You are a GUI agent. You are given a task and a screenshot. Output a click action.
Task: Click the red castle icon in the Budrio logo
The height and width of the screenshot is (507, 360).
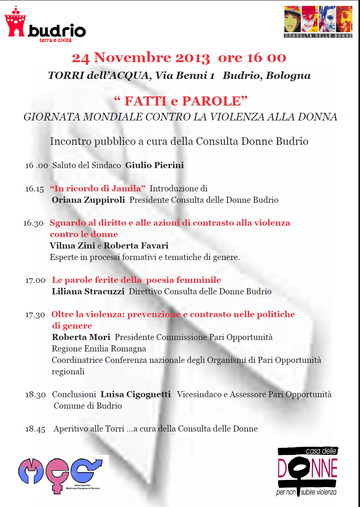[x=15, y=22]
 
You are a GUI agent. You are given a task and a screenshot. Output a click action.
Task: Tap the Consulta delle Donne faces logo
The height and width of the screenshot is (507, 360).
[x=318, y=22]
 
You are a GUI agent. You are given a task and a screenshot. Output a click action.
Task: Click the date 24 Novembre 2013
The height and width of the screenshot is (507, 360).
[x=141, y=58]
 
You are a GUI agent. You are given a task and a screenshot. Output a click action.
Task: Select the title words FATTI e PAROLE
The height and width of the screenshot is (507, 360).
[x=181, y=101]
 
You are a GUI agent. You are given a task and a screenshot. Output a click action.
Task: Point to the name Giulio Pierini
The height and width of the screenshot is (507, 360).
[x=155, y=165]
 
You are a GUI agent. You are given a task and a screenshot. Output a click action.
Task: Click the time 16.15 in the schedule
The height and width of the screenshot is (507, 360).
[x=35, y=189]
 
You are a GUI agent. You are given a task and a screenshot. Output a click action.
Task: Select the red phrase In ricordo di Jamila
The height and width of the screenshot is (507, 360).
[x=98, y=189]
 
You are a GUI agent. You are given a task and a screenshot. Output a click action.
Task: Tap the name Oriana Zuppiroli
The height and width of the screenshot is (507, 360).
[x=88, y=200]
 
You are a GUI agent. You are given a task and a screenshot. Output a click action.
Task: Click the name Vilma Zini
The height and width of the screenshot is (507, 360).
[x=72, y=246]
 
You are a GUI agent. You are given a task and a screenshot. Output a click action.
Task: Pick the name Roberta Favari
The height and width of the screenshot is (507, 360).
[x=136, y=246]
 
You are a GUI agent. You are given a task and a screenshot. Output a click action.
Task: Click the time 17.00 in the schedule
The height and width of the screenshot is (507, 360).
[x=35, y=281]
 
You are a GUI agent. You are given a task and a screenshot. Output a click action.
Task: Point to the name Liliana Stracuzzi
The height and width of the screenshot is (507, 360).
[x=88, y=292]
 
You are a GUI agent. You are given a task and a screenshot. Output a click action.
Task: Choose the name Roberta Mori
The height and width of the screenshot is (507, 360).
[x=81, y=337]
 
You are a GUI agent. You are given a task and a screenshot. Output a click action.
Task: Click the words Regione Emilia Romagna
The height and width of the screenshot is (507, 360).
[x=99, y=349]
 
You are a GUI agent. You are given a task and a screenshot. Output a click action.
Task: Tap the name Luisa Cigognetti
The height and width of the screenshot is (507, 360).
[x=136, y=395]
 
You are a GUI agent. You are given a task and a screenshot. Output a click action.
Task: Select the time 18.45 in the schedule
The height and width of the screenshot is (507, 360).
[x=35, y=429]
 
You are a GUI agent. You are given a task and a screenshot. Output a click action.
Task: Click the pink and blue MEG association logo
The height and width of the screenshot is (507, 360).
[x=61, y=475]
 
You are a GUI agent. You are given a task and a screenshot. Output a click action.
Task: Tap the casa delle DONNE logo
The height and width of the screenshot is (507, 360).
[x=307, y=472]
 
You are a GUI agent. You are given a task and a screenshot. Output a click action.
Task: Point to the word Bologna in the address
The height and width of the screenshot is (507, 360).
[x=288, y=76]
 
